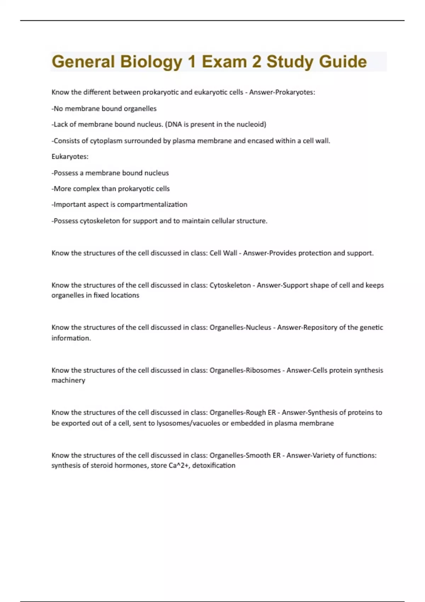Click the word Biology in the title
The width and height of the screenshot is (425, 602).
pyautogui.click(x=151, y=62)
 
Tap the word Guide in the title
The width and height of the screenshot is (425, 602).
pyautogui.click(x=342, y=62)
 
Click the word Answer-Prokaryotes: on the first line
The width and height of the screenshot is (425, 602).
pyautogui.click(x=282, y=92)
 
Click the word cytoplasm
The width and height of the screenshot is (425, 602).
pyautogui.click(x=106, y=141)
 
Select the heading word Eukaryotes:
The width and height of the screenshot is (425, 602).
pyautogui.click(x=70, y=157)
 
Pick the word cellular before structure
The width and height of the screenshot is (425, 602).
pyautogui.click(x=222, y=221)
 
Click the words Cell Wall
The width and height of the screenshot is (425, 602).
pyautogui.click(x=223, y=253)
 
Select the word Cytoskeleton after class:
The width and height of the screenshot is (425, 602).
pyautogui.click(x=230, y=285)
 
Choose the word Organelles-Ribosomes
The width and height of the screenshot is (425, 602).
pyautogui.click(x=245, y=370)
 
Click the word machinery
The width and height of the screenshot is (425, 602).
pyautogui.click(x=68, y=380)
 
